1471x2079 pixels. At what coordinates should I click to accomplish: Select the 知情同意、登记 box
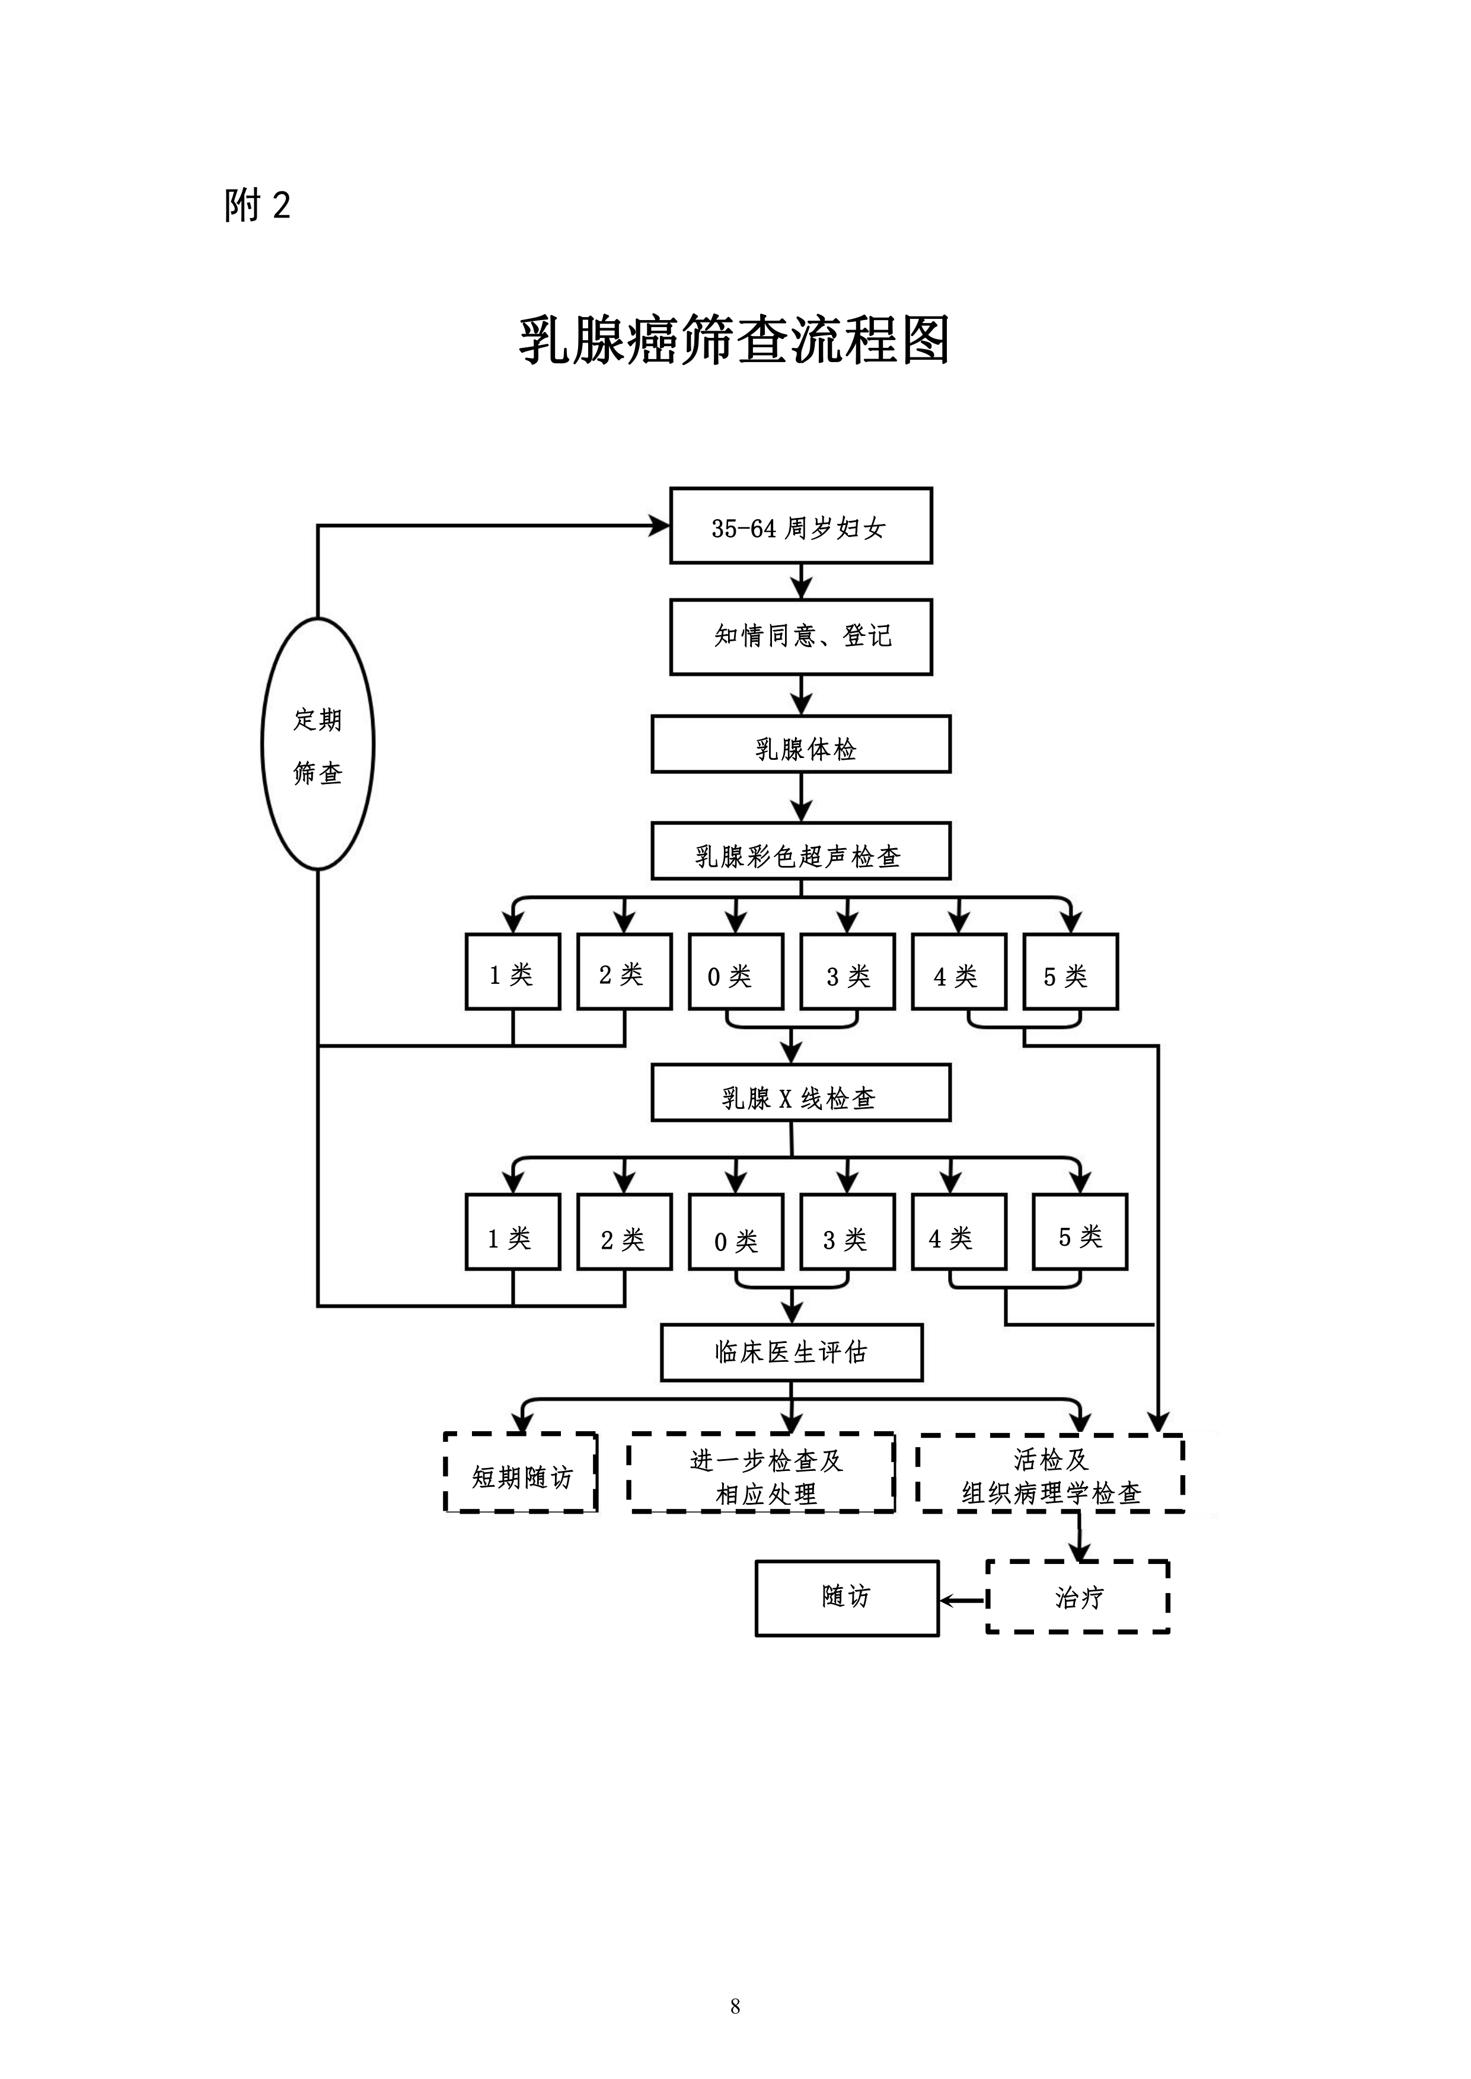(x=800, y=637)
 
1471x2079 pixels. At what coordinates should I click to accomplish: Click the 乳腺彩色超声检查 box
(x=800, y=851)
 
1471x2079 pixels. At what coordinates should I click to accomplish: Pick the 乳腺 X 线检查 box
(x=800, y=1093)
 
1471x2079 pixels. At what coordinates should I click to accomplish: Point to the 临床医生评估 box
(x=792, y=1353)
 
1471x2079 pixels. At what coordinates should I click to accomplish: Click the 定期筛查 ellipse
(x=318, y=743)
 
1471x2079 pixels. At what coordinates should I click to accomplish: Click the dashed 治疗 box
(x=1078, y=1597)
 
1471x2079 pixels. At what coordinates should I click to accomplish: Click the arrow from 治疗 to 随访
(x=962, y=1600)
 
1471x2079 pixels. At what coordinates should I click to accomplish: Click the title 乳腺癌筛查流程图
(x=735, y=340)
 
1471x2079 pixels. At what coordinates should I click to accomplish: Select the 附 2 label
(x=257, y=206)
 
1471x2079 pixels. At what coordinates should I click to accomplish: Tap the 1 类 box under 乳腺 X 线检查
(x=513, y=1232)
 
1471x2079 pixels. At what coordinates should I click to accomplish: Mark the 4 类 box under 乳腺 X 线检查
(x=958, y=1232)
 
